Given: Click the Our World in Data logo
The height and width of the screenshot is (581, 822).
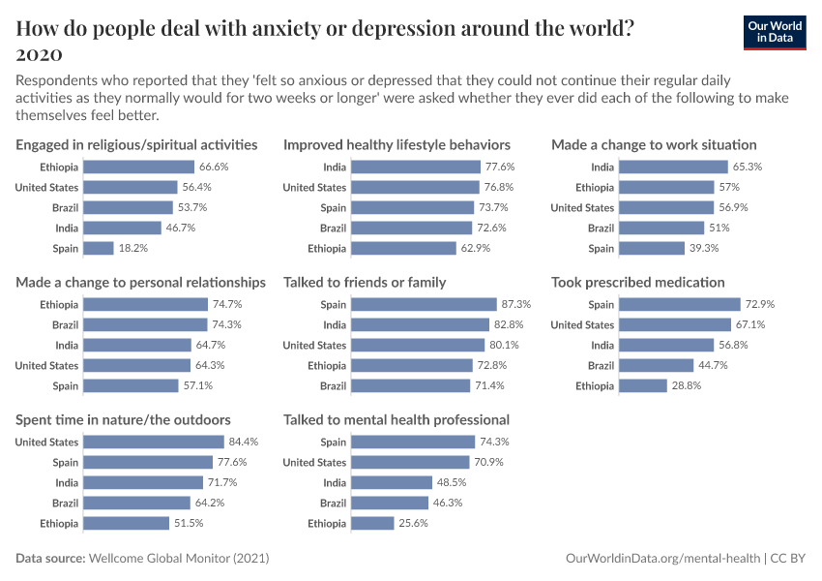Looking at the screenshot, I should coord(775,31).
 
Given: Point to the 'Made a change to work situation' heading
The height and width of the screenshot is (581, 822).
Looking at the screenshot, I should coord(654,145).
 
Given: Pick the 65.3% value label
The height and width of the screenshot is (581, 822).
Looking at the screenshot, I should coord(748,167).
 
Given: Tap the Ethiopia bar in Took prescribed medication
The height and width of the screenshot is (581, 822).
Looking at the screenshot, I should coord(643,385).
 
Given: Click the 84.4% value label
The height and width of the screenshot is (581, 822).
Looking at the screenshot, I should coord(244,442).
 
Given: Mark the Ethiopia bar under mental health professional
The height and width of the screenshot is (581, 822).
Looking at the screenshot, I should coord(372,523).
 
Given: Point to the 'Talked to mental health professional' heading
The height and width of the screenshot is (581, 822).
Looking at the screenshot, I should coord(396,420).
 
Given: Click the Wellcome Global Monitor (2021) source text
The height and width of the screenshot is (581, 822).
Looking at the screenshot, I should coord(179,559).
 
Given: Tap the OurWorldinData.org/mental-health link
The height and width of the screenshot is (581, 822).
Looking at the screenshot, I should coord(662,559).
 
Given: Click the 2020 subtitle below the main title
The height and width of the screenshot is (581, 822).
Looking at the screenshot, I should coord(40,53).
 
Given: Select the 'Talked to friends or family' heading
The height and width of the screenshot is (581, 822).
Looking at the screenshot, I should coord(365,283).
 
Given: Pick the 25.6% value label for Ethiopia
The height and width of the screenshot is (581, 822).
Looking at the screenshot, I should coord(413,523).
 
